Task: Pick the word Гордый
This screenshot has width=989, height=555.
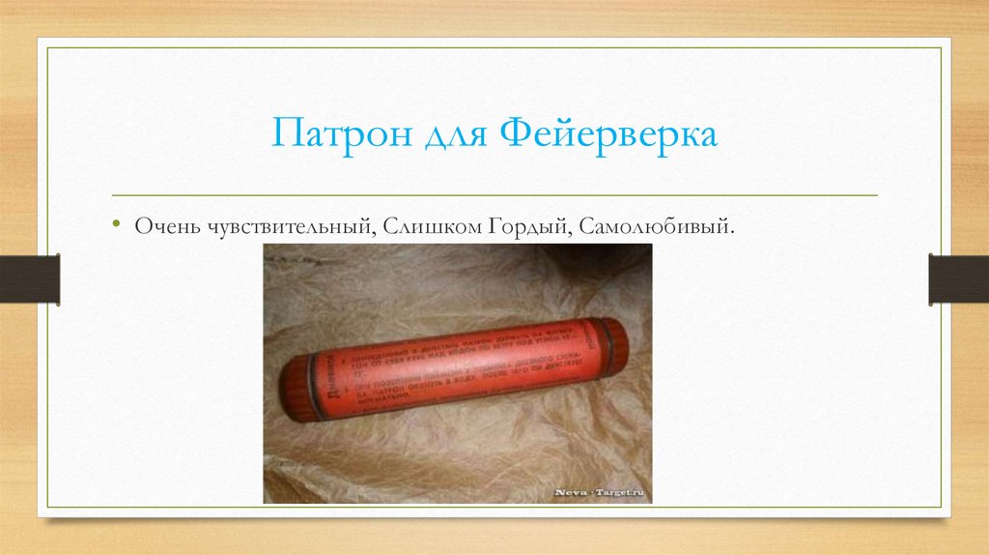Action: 512,225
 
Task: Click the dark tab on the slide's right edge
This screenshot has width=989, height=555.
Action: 958,278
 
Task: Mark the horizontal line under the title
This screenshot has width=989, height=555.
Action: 494,195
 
